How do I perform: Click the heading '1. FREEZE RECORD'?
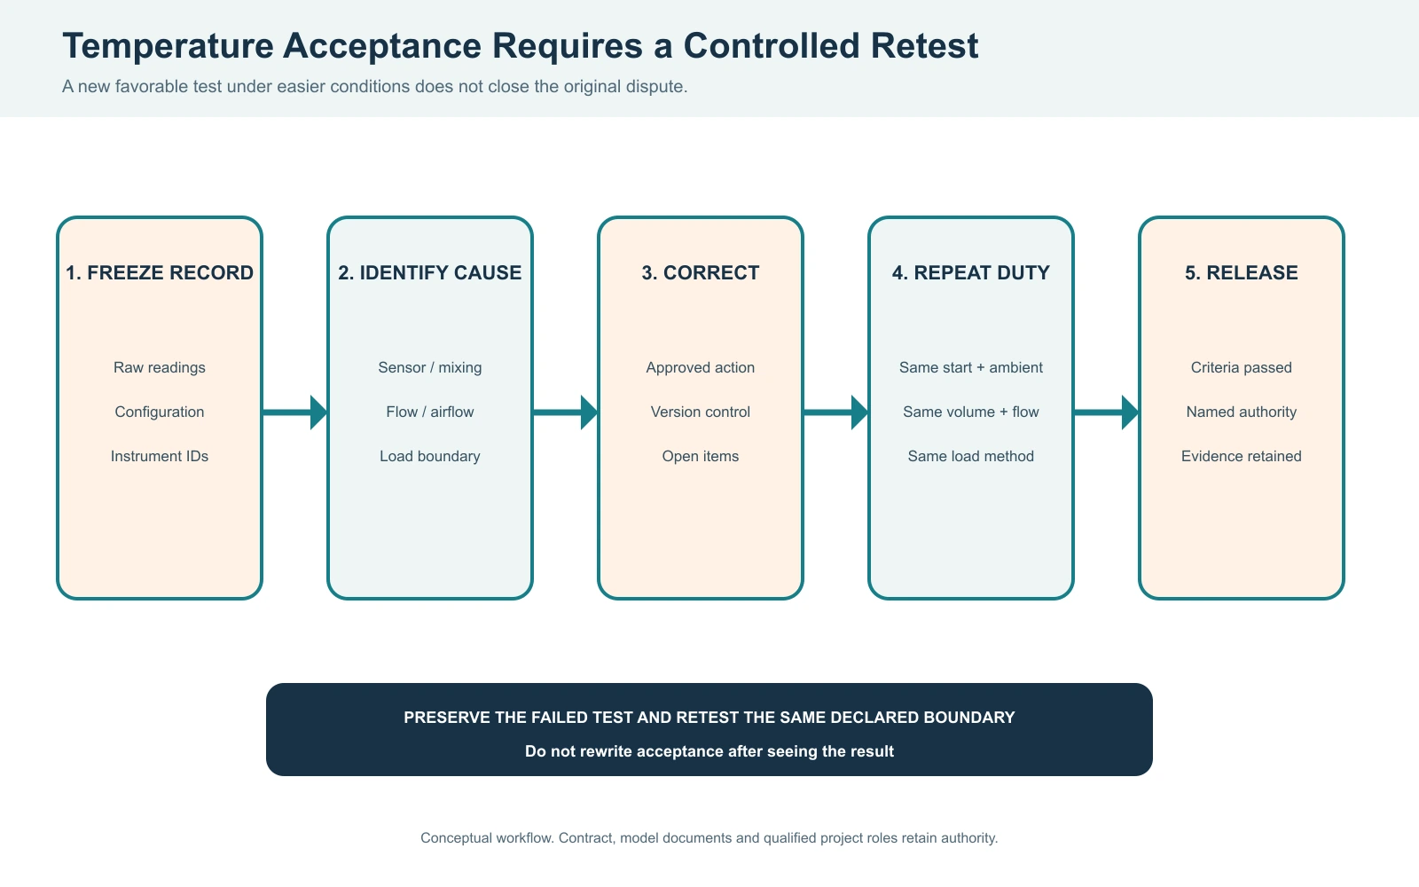point(160,272)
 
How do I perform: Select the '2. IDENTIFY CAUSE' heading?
point(429,272)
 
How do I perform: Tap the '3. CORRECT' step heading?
point(700,272)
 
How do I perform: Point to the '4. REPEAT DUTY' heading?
point(970,272)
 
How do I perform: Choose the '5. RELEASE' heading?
point(1241,272)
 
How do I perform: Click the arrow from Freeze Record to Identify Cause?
point(294,412)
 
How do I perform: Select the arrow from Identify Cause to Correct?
point(565,412)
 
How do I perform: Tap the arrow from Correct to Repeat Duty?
point(835,412)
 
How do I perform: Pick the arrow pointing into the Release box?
point(1106,412)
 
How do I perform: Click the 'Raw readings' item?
point(160,367)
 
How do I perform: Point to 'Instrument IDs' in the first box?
point(160,456)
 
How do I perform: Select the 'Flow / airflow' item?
point(429,412)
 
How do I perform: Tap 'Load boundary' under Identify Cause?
point(429,456)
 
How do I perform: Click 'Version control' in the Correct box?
point(700,412)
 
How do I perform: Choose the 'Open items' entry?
point(700,456)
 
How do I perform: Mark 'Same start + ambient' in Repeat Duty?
point(970,367)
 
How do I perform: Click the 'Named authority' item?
point(1241,412)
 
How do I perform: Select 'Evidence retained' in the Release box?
point(1241,456)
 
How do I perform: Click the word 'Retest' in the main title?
point(924,45)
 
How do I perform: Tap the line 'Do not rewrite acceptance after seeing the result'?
point(709,751)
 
